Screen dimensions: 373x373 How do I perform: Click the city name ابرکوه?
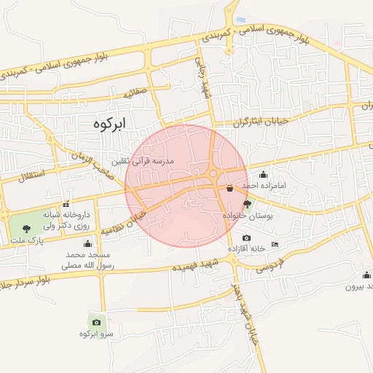click(x=109, y=124)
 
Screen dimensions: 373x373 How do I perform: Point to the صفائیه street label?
click(x=136, y=93)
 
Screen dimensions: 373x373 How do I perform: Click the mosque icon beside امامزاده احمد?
click(x=263, y=174)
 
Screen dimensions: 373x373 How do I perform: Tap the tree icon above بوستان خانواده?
click(x=246, y=205)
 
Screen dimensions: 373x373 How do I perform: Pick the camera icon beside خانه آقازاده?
click(x=246, y=238)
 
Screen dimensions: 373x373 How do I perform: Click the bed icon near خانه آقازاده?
click(x=274, y=243)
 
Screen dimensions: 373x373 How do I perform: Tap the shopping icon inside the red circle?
click(x=230, y=188)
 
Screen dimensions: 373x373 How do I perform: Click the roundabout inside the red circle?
click(x=213, y=174)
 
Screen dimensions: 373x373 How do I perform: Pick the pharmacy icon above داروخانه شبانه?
click(x=66, y=204)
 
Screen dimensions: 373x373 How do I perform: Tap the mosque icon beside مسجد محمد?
click(x=87, y=243)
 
